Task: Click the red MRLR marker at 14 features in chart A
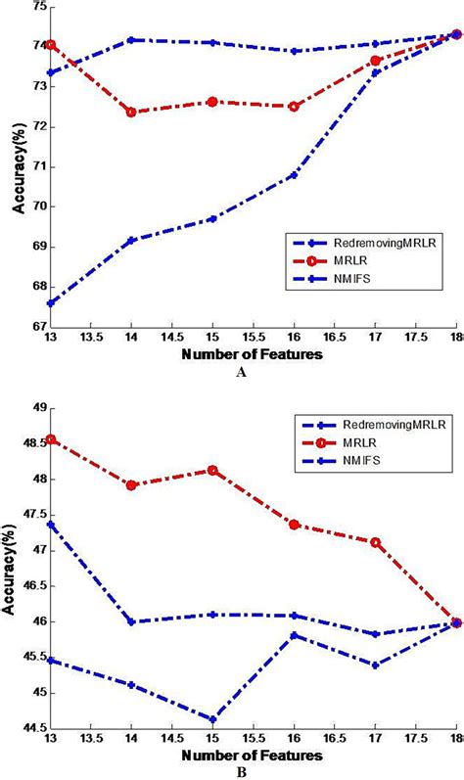131,112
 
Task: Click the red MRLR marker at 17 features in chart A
375,61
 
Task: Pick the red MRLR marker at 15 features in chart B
212,470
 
